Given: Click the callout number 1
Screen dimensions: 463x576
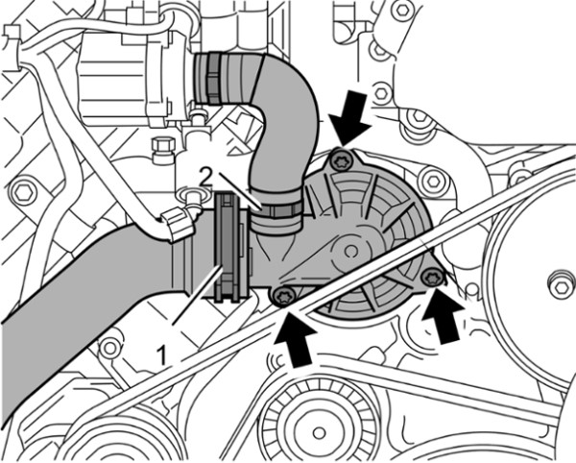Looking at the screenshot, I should (164, 353).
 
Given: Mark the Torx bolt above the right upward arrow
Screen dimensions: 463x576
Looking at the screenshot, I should (431, 280).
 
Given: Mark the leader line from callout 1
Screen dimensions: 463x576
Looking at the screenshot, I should (197, 307).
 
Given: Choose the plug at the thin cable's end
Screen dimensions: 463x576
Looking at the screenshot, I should (179, 225).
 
